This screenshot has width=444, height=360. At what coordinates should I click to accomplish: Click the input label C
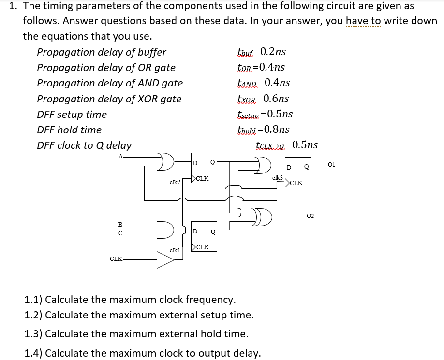(120, 233)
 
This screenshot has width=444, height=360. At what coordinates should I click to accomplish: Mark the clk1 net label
(175, 250)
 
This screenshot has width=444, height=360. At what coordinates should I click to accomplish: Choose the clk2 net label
(175, 182)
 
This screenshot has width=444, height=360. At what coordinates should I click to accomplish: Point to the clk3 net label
(278, 178)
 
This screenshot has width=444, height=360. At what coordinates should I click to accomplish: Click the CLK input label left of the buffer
(116, 259)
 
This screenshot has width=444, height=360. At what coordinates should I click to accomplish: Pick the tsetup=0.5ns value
(265, 114)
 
